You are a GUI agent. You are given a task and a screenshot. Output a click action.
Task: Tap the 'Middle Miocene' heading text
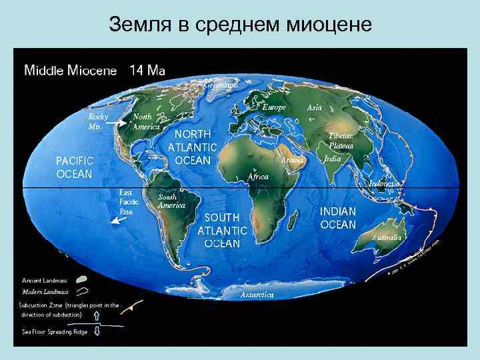[71, 70]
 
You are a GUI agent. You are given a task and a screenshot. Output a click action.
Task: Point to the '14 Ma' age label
[147, 70]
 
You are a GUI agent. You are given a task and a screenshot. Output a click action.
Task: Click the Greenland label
[221, 85]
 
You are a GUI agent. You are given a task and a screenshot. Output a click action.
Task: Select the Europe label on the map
[274, 107]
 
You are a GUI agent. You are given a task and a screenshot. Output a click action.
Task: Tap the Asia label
[314, 107]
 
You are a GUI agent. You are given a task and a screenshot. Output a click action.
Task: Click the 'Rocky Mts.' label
[99, 121]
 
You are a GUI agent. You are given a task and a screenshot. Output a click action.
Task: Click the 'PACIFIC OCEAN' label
[74, 167]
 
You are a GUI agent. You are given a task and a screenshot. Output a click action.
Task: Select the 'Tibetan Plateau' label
[341, 139]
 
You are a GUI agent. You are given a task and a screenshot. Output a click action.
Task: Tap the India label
[332, 159]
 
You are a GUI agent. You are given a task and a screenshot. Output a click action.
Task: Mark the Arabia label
[293, 161]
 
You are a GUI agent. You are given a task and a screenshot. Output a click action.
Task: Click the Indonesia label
[385, 183]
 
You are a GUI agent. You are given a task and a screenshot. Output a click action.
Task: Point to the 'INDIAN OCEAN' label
[338, 217]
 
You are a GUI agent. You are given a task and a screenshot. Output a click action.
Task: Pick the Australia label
[387, 237]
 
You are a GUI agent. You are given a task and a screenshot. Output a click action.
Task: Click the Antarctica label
[257, 294]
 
